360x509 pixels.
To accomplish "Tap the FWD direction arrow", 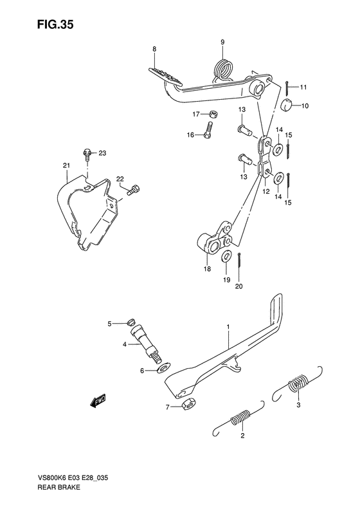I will click(98, 402).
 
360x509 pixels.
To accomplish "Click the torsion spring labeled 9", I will click(222, 67).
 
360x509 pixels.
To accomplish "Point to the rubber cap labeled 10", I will click(286, 105).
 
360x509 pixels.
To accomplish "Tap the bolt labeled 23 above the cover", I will click(86, 153).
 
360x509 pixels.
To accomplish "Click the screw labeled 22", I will click(134, 189).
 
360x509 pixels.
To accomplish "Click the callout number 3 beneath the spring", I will click(298, 405).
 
